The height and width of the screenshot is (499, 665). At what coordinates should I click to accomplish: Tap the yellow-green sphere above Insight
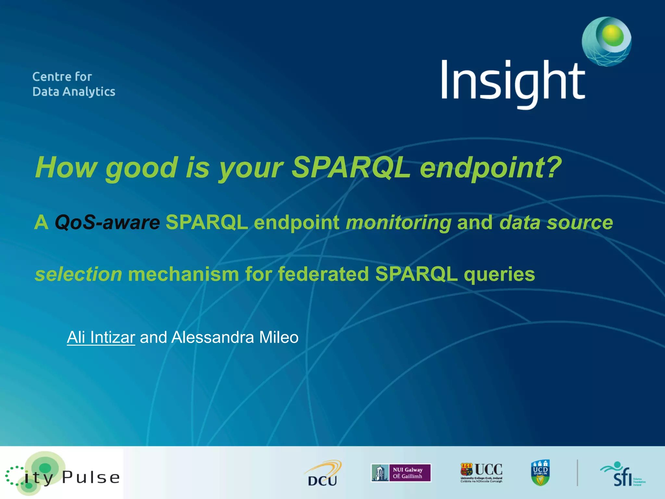[x=612, y=35]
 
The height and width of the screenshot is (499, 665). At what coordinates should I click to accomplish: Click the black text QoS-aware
[x=107, y=223]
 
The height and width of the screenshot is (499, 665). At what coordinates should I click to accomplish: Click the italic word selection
[x=78, y=274]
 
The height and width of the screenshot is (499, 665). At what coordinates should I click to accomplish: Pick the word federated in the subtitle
[x=323, y=274]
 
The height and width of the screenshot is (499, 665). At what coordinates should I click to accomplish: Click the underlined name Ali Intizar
[x=101, y=337]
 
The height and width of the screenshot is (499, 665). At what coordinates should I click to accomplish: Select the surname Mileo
[x=279, y=337]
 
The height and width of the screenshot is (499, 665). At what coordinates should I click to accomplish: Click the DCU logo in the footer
[x=322, y=474]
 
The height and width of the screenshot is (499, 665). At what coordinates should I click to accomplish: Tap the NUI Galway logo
[x=401, y=473]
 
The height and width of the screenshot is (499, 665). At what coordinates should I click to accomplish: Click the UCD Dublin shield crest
[x=540, y=473]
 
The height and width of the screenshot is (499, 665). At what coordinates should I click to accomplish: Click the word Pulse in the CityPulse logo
[x=91, y=478]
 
